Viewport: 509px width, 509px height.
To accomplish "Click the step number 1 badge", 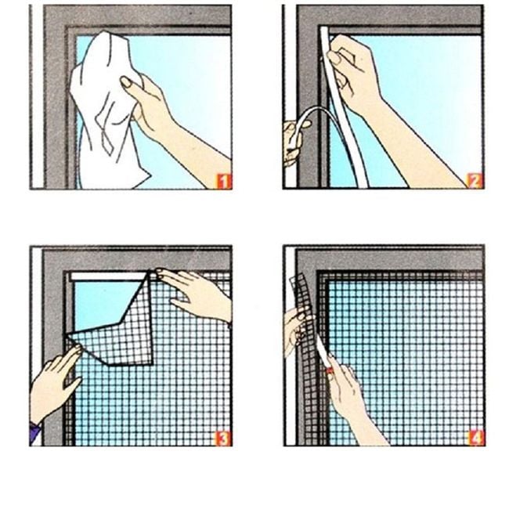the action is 224,182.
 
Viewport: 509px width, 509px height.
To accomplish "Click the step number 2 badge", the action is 475,181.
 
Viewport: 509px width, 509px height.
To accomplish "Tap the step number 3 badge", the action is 223,439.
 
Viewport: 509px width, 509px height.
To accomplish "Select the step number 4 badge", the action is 476,439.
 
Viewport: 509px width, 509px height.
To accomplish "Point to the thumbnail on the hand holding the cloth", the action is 127,82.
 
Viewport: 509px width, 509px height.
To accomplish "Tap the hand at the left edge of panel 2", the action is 294,143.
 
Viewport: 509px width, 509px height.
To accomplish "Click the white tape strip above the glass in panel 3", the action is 108,276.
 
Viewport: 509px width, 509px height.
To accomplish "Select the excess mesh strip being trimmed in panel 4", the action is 304,312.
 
